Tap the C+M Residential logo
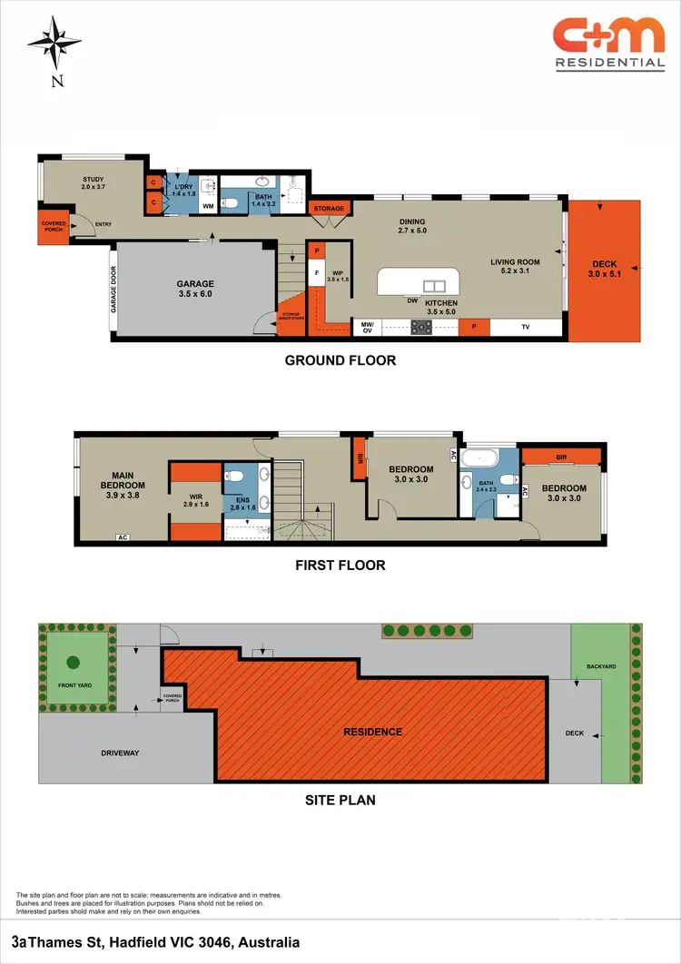click(609, 44)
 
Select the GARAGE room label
click(195, 289)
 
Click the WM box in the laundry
click(208, 206)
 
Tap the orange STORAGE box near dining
click(329, 209)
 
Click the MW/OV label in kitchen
click(368, 328)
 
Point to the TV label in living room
click(524, 328)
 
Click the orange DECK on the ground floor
click(604, 270)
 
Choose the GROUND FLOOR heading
click(340, 360)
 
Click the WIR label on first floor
click(196, 500)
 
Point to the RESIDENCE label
click(372, 732)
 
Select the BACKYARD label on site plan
click(601, 667)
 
